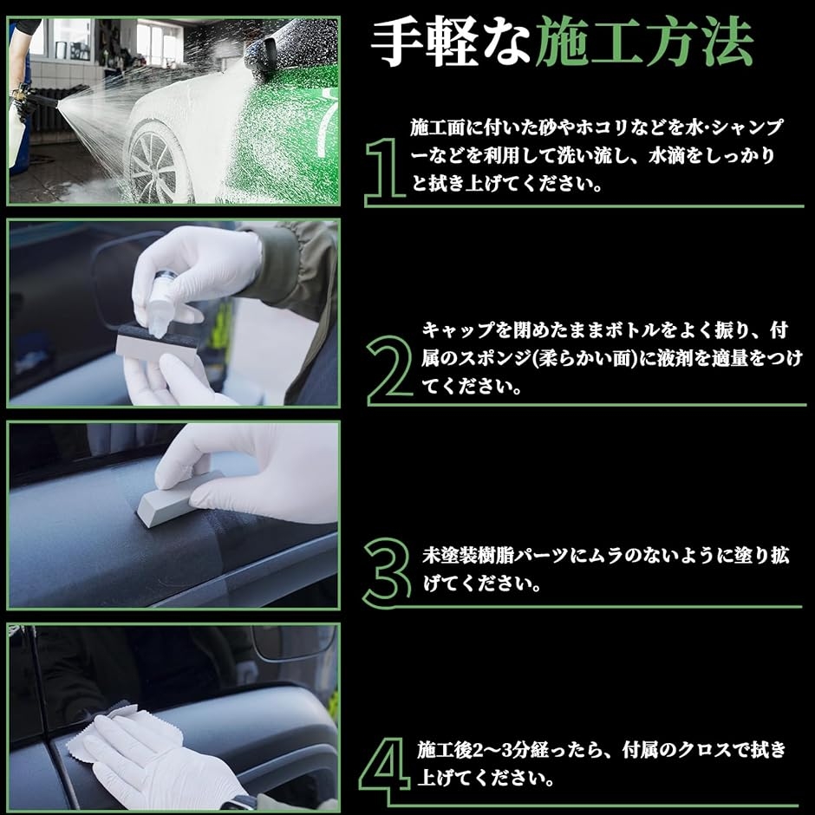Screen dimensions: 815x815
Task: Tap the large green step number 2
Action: point(390,369)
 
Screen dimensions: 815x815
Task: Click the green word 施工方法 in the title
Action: point(644,42)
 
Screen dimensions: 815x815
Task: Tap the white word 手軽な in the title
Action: point(451,42)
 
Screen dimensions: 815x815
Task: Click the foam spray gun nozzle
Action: point(42,100)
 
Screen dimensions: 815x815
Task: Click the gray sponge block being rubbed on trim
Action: point(174,498)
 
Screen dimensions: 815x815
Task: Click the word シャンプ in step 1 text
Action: point(747,127)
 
